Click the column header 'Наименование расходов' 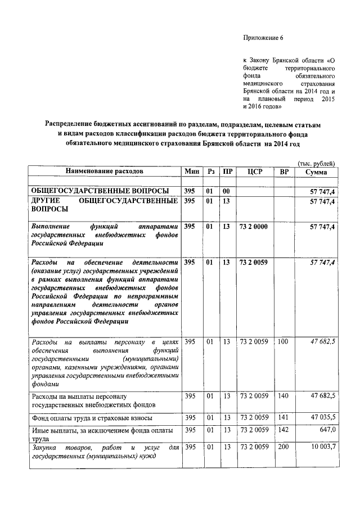(104, 170)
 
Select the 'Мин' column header (190, 170)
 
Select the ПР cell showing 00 (226, 191)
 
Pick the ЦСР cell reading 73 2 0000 (254, 226)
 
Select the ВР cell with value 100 (283, 341)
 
